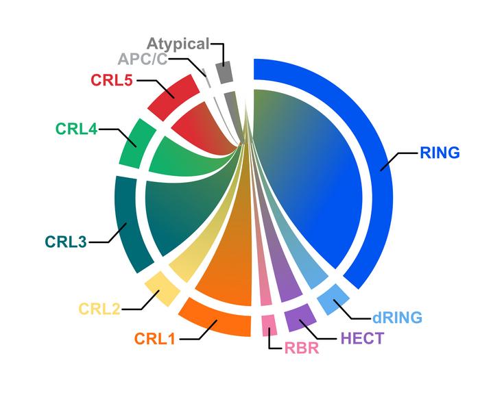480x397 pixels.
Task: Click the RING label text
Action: pos(440,153)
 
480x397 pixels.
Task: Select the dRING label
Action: pos(397,318)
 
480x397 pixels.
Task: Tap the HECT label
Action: pos(362,338)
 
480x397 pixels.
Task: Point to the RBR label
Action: pos(302,348)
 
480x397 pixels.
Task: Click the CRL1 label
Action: pos(155,339)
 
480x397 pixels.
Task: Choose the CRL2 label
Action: pos(99,309)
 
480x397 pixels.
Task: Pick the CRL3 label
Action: pos(66,242)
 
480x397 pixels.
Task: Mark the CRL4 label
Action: pos(76,129)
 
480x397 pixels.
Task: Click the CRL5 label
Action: pos(112,80)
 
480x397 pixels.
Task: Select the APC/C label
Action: pos(143,59)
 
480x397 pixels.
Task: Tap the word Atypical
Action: pos(178,44)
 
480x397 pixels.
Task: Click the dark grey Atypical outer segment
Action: pos(224,73)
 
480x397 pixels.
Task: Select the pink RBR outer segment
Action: pos(269,325)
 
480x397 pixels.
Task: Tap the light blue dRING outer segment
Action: pos(333,299)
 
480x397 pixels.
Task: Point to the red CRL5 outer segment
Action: pos(173,97)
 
